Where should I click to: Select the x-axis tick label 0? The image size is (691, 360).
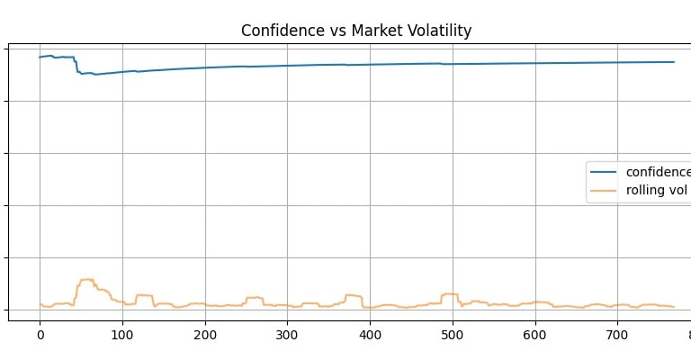point(40,334)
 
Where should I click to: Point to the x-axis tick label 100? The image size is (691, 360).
point(122,334)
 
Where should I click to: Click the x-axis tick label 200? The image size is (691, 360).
point(205,334)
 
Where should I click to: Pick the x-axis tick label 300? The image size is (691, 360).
point(287,334)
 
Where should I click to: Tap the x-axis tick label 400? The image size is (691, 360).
point(370,334)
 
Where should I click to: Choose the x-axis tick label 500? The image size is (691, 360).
point(453,334)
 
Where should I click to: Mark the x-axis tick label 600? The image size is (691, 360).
point(535,334)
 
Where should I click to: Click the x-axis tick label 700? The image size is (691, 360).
point(617,334)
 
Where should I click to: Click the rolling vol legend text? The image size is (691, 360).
point(657,191)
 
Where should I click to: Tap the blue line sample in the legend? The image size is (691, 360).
point(605,172)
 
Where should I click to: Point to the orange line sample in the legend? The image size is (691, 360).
point(605,191)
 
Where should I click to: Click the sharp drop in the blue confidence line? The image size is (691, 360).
point(76,65)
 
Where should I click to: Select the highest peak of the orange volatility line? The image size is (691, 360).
point(86,280)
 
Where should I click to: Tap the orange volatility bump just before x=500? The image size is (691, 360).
point(448,294)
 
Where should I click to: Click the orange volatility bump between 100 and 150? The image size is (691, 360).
point(144,295)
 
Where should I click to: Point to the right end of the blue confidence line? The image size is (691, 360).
point(674,62)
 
